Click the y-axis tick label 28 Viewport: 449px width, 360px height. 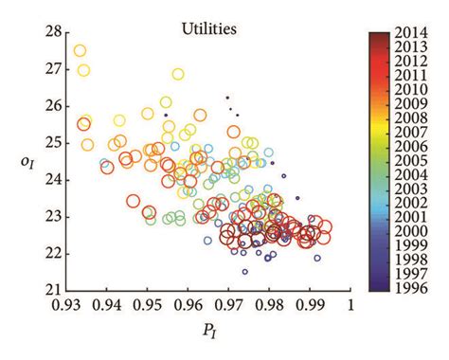pos(53,31)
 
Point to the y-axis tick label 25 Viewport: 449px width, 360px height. pos(53,142)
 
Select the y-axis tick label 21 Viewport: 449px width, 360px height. pos(53,290)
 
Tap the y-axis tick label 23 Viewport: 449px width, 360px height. pos(53,216)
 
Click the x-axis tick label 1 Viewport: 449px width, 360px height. pos(350,306)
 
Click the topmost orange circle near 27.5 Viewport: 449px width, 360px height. pos(80,51)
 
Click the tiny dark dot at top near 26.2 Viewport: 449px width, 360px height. pos(227,98)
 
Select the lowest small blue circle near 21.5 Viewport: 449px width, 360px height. pos(245,272)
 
